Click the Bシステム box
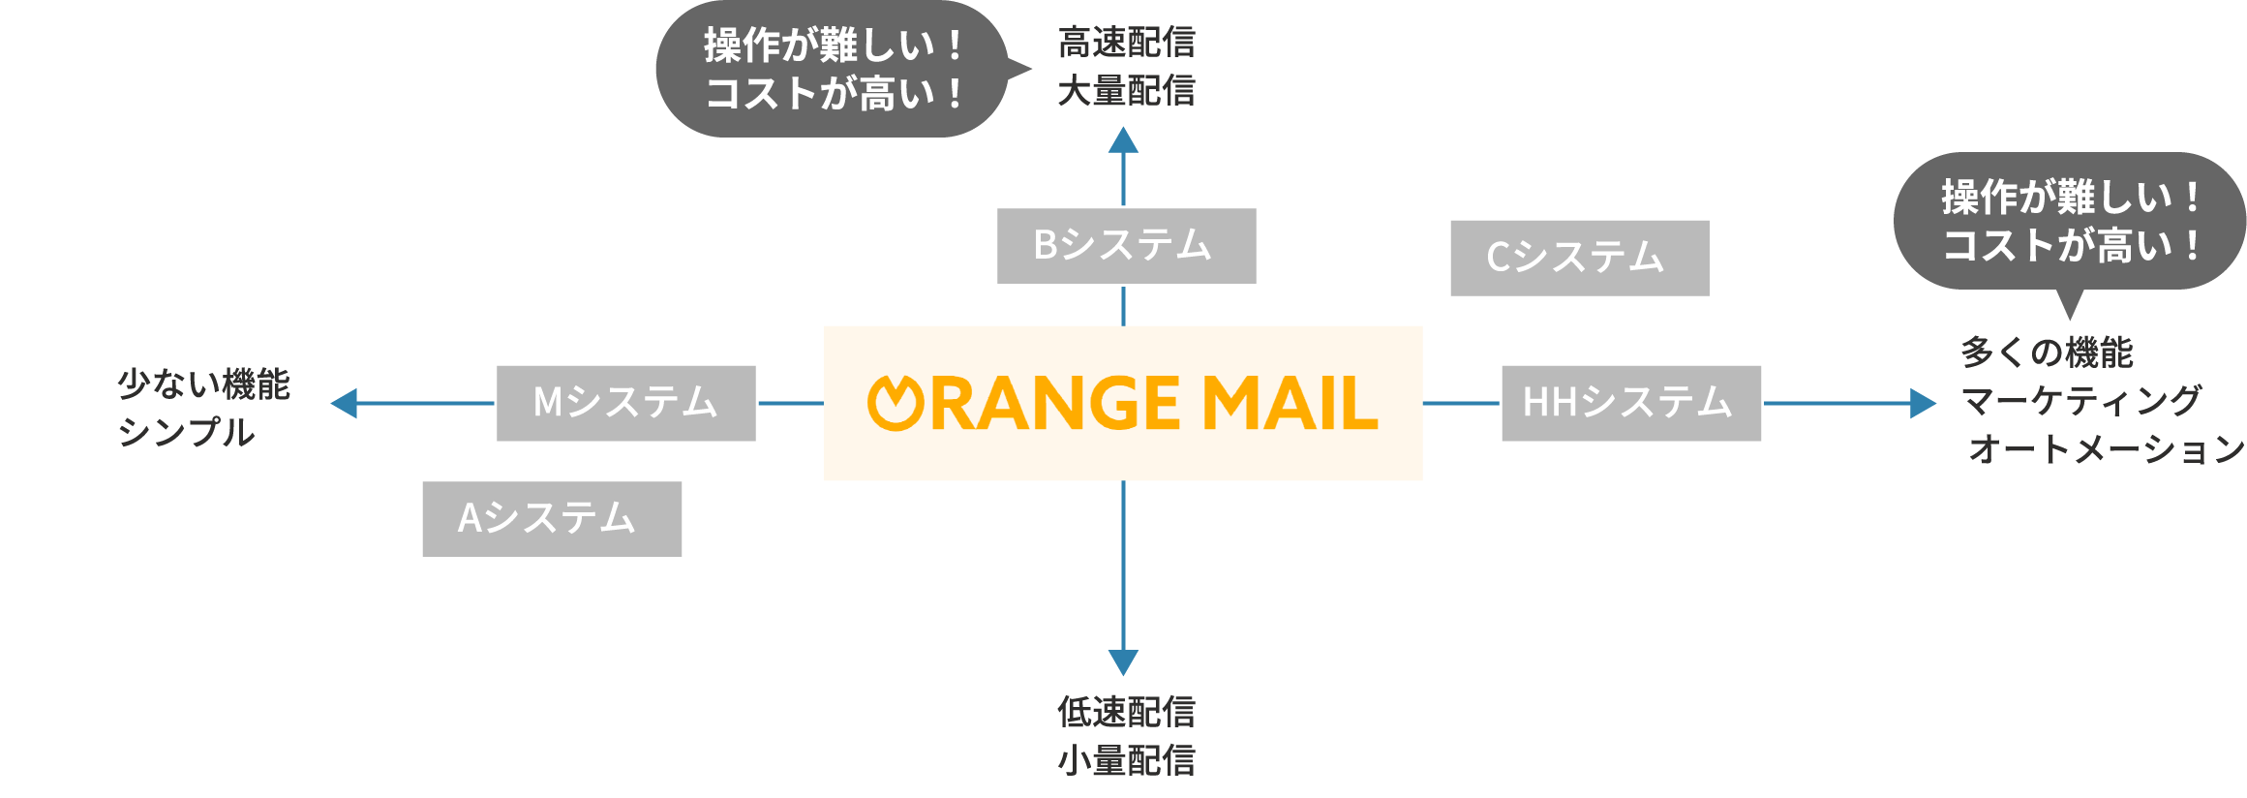[x=1126, y=246]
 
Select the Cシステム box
[x=1579, y=259]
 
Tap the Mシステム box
[x=625, y=403]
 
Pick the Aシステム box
[x=552, y=519]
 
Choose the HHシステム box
[x=1630, y=403]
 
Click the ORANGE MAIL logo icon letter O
[x=896, y=403]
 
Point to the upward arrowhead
[x=1123, y=141]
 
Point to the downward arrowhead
[x=1123, y=662]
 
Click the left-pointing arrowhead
[x=345, y=403]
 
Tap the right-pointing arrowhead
[x=1922, y=403]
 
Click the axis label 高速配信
[x=1126, y=43]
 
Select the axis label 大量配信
[x=1126, y=91]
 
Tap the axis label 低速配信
[x=1126, y=712]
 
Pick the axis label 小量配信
[x=1126, y=760]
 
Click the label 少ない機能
[x=203, y=384]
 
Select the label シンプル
[x=186, y=432]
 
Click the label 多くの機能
[x=2047, y=353]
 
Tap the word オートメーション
[x=2107, y=449]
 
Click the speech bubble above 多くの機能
[x=2070, y=221]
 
